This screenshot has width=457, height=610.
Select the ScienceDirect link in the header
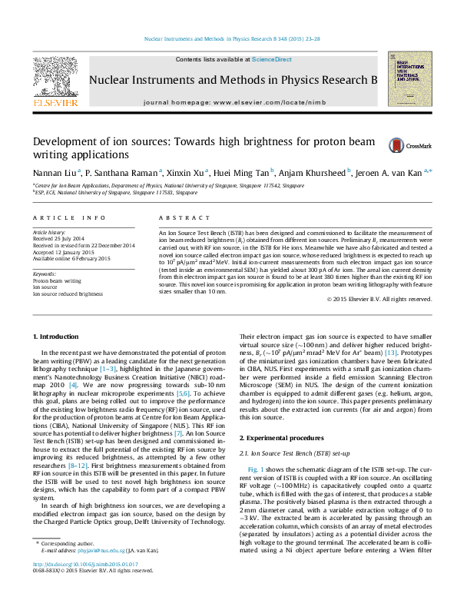click(271, 59)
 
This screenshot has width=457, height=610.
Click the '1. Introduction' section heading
click(56, 337)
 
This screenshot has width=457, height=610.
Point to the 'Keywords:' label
click(44, 274)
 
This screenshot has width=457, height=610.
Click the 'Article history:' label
click(49, 231)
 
